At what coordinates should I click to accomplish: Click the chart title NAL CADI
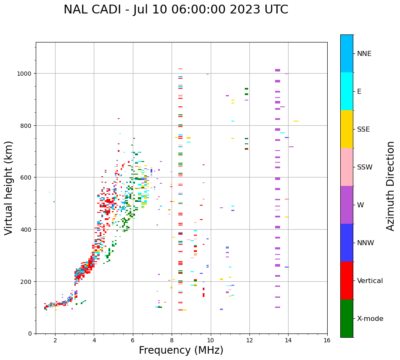click(176, 10)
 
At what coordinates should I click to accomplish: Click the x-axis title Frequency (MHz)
click(181, 350)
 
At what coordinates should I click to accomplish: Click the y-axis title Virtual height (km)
click(9, 188)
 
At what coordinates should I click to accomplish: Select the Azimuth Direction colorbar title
click(391, 186)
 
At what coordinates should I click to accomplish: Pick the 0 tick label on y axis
click(30, 334)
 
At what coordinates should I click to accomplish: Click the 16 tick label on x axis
click(327, 341)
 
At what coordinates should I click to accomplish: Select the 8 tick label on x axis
click(172, 341)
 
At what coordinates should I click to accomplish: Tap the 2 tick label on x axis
click(55, 341)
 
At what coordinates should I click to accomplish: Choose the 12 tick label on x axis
click(249, 341)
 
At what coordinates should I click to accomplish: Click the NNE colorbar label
click(364, 54)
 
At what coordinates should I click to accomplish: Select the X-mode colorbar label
click(370, 319)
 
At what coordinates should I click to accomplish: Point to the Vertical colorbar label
click(370, 281)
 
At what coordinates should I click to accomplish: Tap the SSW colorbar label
click(365, 167)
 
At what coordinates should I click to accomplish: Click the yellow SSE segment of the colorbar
click(347, 129)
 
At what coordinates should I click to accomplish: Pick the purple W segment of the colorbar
click(347, 205)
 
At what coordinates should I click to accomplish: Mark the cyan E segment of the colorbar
click(347, 91)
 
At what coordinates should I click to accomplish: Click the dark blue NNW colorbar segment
click(347, 243)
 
